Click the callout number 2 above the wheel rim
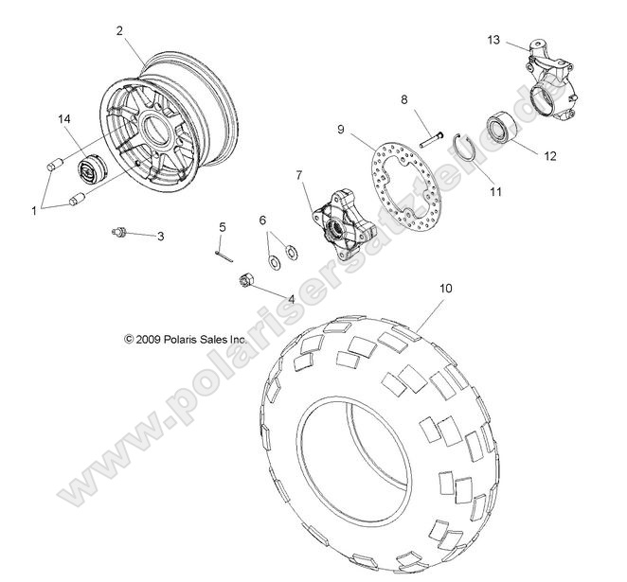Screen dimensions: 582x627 coord(119,30)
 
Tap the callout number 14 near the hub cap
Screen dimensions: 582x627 coord(64,119)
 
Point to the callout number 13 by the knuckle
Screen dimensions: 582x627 coord(493,40)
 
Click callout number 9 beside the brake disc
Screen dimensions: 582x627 coord(339,128)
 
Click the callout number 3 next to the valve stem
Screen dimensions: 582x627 coord(160,237)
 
